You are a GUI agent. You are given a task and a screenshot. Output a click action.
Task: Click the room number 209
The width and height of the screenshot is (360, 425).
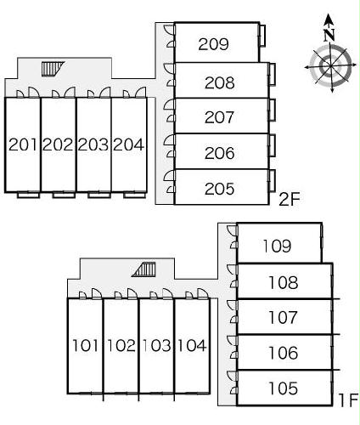tap(213, 44)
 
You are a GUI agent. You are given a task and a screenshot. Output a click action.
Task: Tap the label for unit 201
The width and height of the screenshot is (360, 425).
tap(23, 144)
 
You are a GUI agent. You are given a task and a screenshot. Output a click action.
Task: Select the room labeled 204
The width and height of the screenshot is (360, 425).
tap(129, 144)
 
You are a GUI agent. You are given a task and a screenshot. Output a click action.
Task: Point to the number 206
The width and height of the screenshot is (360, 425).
tap(220, 153)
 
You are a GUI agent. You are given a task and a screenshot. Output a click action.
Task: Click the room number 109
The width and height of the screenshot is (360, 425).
tap(277, 246)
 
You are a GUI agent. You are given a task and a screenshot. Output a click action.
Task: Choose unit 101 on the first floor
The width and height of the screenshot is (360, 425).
tap(85, 346)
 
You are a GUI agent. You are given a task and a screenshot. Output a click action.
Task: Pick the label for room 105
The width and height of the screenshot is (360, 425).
tap(283, 388)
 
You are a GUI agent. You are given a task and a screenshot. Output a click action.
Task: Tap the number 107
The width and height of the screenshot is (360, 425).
tap(283, 317)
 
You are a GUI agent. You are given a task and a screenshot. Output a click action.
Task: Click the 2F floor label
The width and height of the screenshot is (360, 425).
tap(290, 199)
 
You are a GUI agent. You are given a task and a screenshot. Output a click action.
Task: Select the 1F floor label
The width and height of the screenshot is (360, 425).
tap(349, 400)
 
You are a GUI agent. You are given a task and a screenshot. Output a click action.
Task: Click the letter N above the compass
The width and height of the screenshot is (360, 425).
tap(329, 35)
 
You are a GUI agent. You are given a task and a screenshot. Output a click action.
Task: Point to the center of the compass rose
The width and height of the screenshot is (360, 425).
tap(330, 67)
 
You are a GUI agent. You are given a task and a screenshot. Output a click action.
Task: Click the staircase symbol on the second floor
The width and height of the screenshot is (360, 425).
tap(53, 69)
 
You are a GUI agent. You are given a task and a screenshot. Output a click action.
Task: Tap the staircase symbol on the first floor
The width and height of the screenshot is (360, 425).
tap(144, 269)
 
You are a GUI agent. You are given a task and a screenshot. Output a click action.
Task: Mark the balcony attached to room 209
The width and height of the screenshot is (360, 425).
tap(262, 36)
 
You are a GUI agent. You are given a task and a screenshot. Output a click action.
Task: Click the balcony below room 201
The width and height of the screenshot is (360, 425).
tap(28, 195)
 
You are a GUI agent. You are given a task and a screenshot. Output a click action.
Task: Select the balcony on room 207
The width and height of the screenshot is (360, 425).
tap(272, 110)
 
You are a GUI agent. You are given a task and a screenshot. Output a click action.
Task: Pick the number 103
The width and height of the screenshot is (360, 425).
tap(156, 346)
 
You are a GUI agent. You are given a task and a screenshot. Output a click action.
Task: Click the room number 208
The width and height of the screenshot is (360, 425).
tap(220, 82)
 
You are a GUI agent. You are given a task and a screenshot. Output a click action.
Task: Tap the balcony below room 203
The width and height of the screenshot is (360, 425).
tap(99, 195)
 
